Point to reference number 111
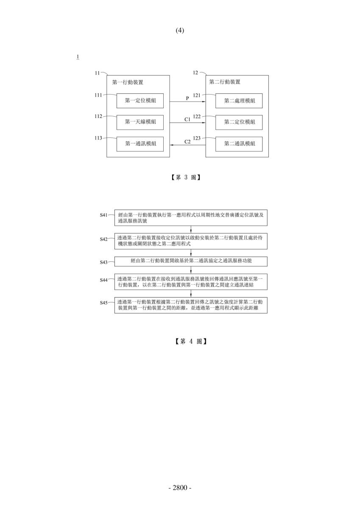pyautogui.click(x=98, y=95)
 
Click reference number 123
pyautogui.click(x=197, y=138)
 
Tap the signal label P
pyautogui.click(x=187, y=98)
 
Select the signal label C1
pyautogui.click(x=187, y=119)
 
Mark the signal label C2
pyautogui.click(x=187, y=142)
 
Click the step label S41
pyautogui.click(x=103, y=215)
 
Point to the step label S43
pyautogui.click(x=103, y=262)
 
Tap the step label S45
pyautogui.click(x=103, y=303)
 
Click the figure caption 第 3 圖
pyautogui.click(x=186, y=177)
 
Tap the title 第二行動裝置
pyautogui.click(x=225, y=82)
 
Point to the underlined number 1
pyautogui.click(x=78, y=57)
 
